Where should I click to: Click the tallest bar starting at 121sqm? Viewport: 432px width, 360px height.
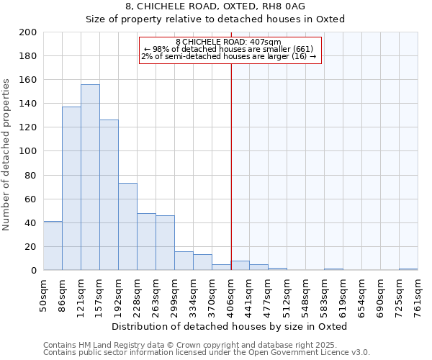click(x=90, y=177)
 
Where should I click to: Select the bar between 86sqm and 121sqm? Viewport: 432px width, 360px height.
click(x=71, y=189)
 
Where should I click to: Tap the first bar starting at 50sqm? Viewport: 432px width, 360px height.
click(x=53, y=246)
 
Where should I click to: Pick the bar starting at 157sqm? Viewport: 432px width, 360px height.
click(x=109, y=195)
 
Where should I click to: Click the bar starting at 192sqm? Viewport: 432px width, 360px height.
click(x=127, y=227)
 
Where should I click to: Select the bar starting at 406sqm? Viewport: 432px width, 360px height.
click(x=240, y=266)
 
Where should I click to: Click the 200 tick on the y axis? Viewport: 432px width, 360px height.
click(x=28, y=32)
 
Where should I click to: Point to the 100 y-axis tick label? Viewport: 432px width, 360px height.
click(x=28, y=151)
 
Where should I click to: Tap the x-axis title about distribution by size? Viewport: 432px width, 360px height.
click(x=230, y=326)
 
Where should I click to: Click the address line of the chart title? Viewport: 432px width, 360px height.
click(x=215, y=6)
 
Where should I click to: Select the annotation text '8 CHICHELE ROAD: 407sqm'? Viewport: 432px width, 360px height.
click(x=228, y=42)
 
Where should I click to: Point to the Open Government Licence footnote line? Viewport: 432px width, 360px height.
click(x=206, y=352)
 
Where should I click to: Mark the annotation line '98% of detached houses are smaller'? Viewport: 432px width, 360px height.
click(x=228, y=49)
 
